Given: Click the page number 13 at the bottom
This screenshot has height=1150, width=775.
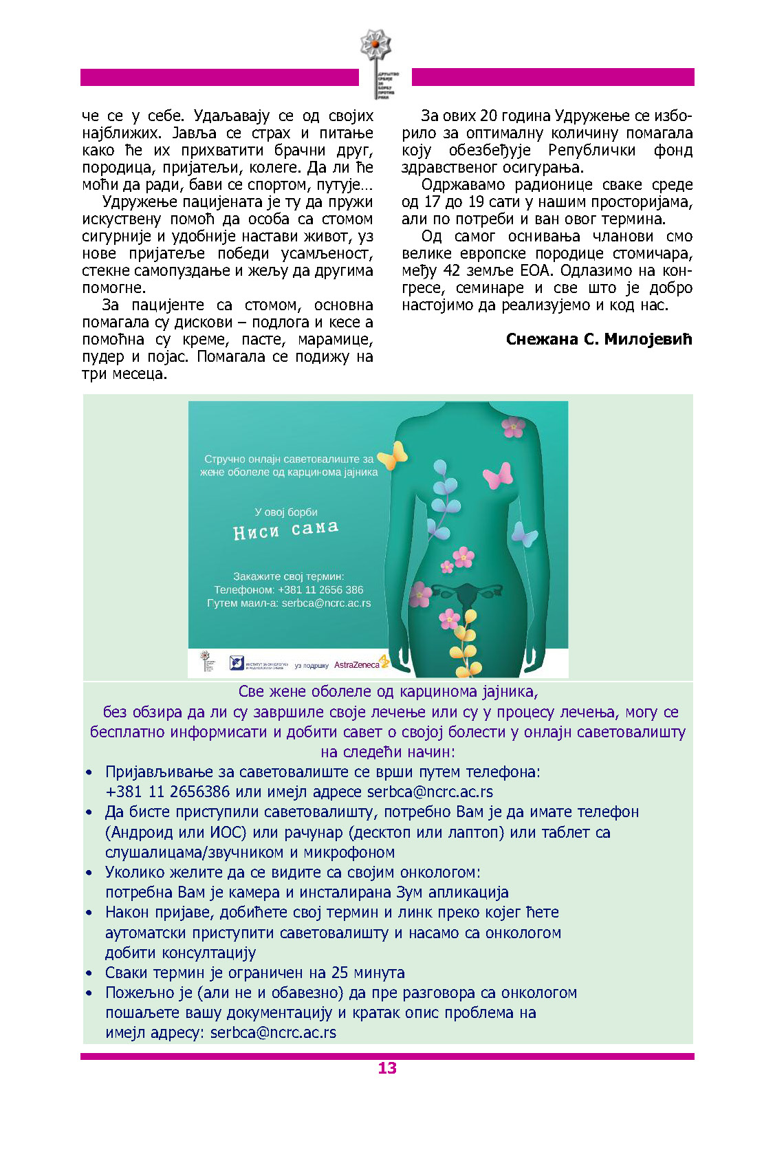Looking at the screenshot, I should pyautogui.click(x=387, y=1067).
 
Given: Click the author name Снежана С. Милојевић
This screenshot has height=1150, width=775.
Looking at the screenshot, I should pyautogui.click(x=598, y=339).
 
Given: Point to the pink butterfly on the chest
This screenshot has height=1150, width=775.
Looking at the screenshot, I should pyautogui.click(x=498, y=475).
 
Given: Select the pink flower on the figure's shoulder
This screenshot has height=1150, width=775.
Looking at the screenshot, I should pyautogui.click(x=513, y=427).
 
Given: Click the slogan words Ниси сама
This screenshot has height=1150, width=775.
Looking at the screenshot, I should pyautogui.click(x=286, y=530).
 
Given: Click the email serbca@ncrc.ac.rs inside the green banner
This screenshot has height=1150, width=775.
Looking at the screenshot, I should pyautogui.click(x=326, y=603).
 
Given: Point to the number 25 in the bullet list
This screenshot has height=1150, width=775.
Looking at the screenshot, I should pyautogui.click(x=340, y=973).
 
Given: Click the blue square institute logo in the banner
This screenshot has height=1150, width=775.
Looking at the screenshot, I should pyautogui.click(x=237, y=662).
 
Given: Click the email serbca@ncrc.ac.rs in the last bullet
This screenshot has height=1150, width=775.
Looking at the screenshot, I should pyautogui.click(x=273, y=1032).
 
